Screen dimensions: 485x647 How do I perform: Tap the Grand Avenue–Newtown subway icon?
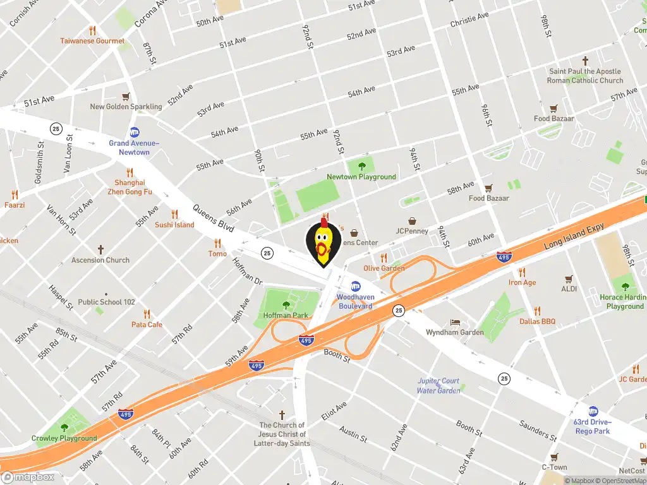click(134, 133)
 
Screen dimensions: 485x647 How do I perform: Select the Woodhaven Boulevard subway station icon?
click(356, 286)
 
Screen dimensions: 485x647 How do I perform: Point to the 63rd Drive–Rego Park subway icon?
click(593, 411)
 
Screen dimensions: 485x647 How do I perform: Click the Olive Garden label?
click(384, 268)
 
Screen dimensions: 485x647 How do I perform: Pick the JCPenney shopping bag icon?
click(412, 221)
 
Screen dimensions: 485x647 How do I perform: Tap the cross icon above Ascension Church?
click(100, 250)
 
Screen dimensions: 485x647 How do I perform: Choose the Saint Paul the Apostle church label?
click(585, 76)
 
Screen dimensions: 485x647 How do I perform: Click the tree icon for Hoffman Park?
click(286, 305)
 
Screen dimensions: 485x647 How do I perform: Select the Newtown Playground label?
click(361, 177)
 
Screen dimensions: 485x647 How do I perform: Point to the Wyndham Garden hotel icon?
click(454, 322)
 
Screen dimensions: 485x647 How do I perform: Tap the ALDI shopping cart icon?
click(569, 278)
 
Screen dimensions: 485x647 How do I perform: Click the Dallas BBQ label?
click(537, 321)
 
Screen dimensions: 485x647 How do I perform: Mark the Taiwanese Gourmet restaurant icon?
click(92, 30)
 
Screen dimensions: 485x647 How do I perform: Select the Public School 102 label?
click(107, 302)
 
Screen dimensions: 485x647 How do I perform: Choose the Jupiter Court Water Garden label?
click(438, 386)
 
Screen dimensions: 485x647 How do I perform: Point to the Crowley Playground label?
click(64, 438)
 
